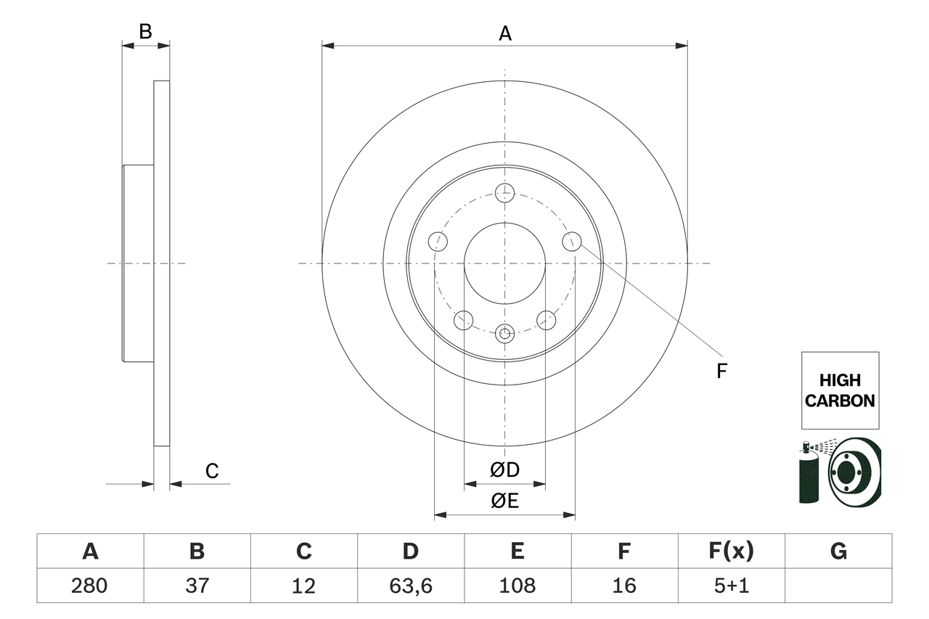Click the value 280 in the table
(x=90, y=585)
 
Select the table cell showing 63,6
(x=411, y=585)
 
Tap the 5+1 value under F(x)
(x=731, y=585)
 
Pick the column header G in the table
(x=838, y=552)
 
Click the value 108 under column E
(x=517, y=585)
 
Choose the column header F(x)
(x=731, y=552)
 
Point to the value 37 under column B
(x=197, y=585)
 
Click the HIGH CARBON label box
(x=840, y=390)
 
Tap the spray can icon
(x=807, y=475)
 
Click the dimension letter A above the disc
(x=505, y=33)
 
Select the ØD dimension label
(x=505, y=470)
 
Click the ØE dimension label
(x=505, y=501)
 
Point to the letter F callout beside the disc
(x=721, y=371)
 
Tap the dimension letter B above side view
(x=145, y=31)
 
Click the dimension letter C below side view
(x=211, y=472)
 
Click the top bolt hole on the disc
(x=504, y=193)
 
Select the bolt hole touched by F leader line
(x=572, y=241)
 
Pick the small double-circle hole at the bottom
(x=504, y=334)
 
